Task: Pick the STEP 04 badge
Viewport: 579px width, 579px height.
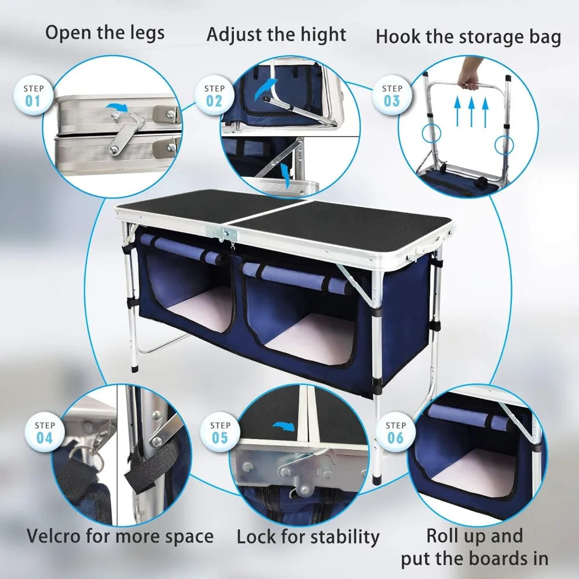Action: click(x=45, y=433)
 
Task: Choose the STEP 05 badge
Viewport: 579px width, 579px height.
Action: click(x=220, y=433)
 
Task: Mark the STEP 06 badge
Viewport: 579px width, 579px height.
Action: click(x=395, y=433)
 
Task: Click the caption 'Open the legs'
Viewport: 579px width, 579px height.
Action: click(x=105, y=33)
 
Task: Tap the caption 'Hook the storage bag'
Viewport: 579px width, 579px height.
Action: click(x=468, y=37)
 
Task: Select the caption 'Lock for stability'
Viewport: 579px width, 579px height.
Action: click(x=307, y=537)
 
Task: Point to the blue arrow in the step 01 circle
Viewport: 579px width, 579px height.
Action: click(x=118, y=108)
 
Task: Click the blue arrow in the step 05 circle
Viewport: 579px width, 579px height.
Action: click(x=283, y=427)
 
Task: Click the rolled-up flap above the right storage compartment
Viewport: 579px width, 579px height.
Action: click(x=295, y=277)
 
